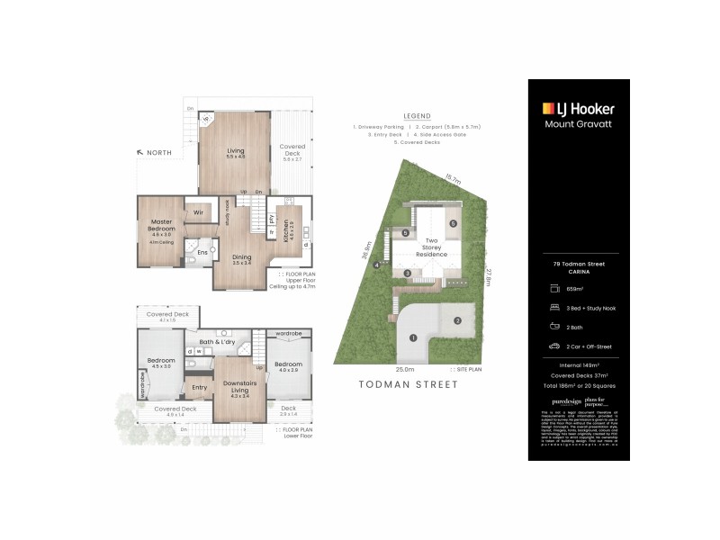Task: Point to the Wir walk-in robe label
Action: pos(198,213)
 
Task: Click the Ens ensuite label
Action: pos(202,253)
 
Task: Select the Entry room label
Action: pos(199,388)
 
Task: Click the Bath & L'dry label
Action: pos(216,341)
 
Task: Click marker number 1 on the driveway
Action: pos(413,338)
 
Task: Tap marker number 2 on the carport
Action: pos(457,320)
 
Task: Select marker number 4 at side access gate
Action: pos(377,265)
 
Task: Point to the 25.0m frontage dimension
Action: pos(405,369)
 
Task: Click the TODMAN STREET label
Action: pos(409,384)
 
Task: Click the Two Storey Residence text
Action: pos(431,247)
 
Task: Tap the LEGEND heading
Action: pos(417,117)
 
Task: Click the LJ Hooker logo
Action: pos(579,108)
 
